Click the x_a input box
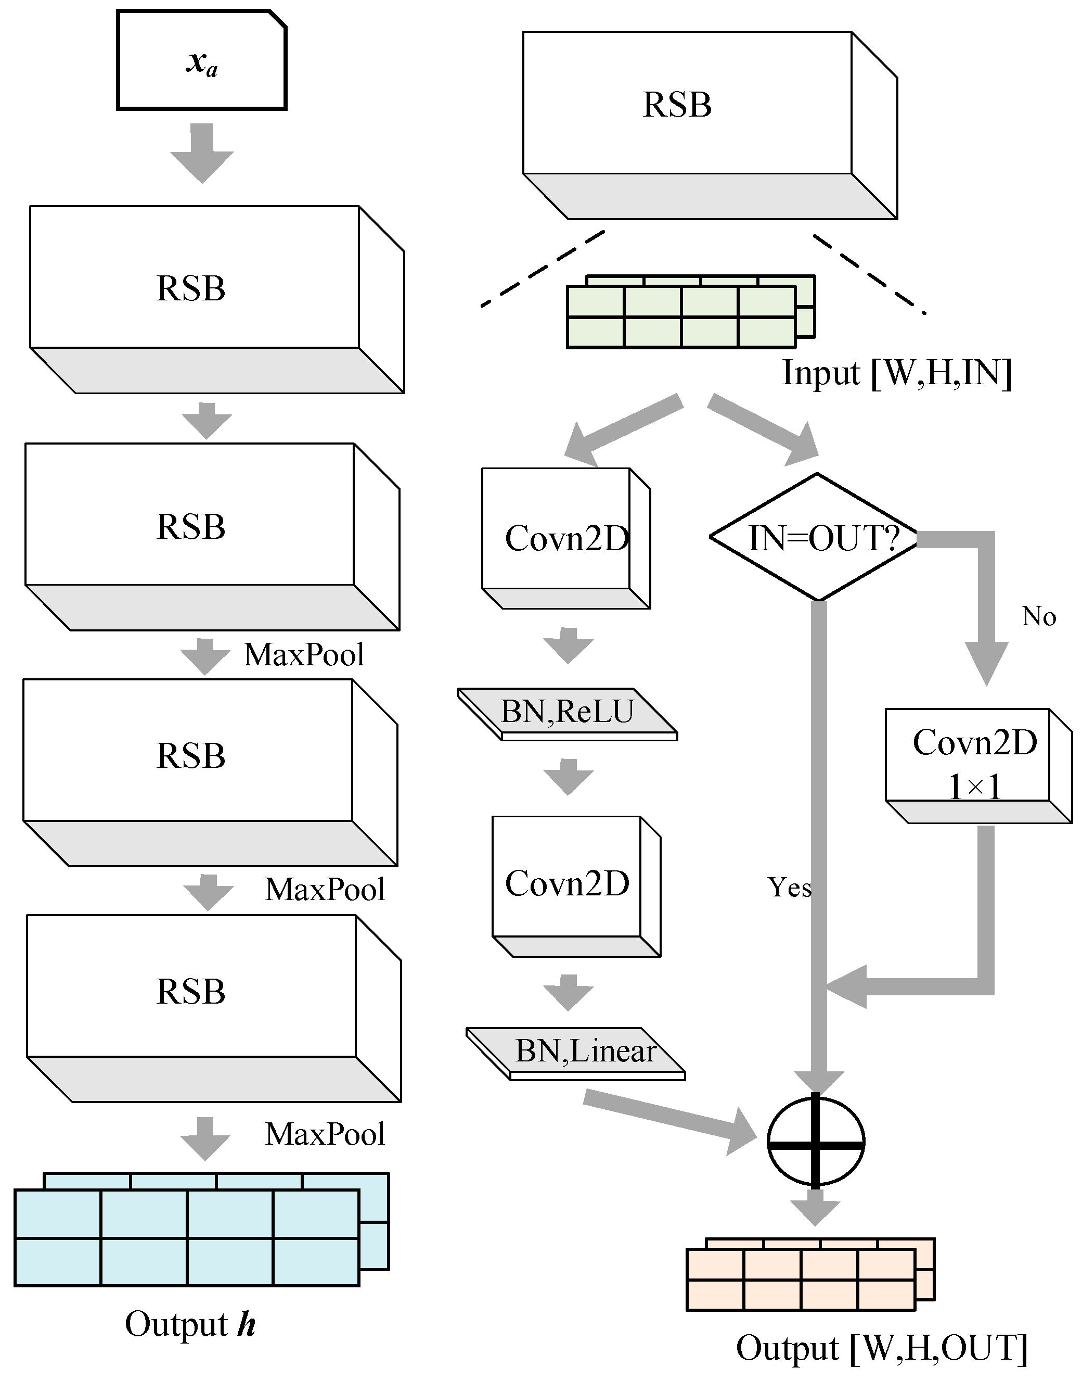201,61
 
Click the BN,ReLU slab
567,713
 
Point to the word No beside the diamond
1039,616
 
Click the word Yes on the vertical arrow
789,887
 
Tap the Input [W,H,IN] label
896,373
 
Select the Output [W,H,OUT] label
881,1348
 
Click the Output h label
190,1324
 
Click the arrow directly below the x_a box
202,154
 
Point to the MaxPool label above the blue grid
325,1135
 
